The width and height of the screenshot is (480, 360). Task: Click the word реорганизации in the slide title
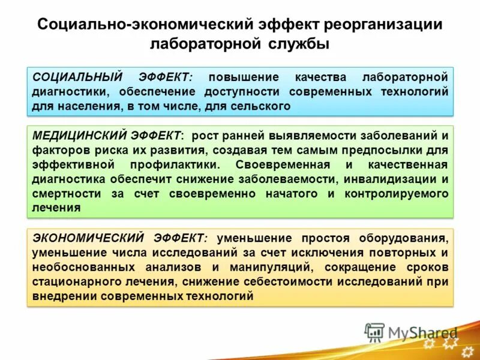coord(383,25)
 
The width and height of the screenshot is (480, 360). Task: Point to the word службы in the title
coord(298,44)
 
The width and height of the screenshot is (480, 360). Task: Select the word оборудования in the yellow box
coord(406,237)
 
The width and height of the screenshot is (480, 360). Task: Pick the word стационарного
coord(76,281)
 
